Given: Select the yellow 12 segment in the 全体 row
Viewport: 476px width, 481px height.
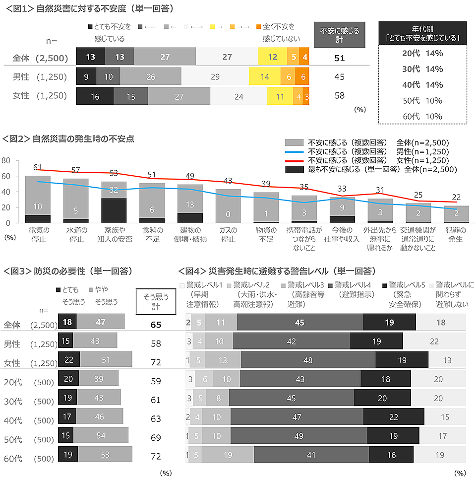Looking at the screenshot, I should tap(272, 57).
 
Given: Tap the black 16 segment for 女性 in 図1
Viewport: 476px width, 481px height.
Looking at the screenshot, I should tap(95, 96).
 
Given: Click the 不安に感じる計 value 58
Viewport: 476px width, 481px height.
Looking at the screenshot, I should tap(339, 96).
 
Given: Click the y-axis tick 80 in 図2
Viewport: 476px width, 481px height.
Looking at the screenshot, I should tap(6, 161).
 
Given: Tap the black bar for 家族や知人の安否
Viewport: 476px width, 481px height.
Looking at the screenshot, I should tap(114, 210).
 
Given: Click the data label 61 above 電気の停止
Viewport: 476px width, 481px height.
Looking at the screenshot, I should tap(37, 167).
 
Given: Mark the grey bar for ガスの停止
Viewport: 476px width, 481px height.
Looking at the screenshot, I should tap(228, 206).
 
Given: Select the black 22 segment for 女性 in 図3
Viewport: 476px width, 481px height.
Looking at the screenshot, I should tap(69, 359).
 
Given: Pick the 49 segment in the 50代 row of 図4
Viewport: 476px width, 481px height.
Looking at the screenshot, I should tap(298, 436).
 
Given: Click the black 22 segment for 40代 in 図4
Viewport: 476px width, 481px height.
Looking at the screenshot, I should tap(394, 417).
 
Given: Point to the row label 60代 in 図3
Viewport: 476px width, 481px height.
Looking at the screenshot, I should tap(12, 458).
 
